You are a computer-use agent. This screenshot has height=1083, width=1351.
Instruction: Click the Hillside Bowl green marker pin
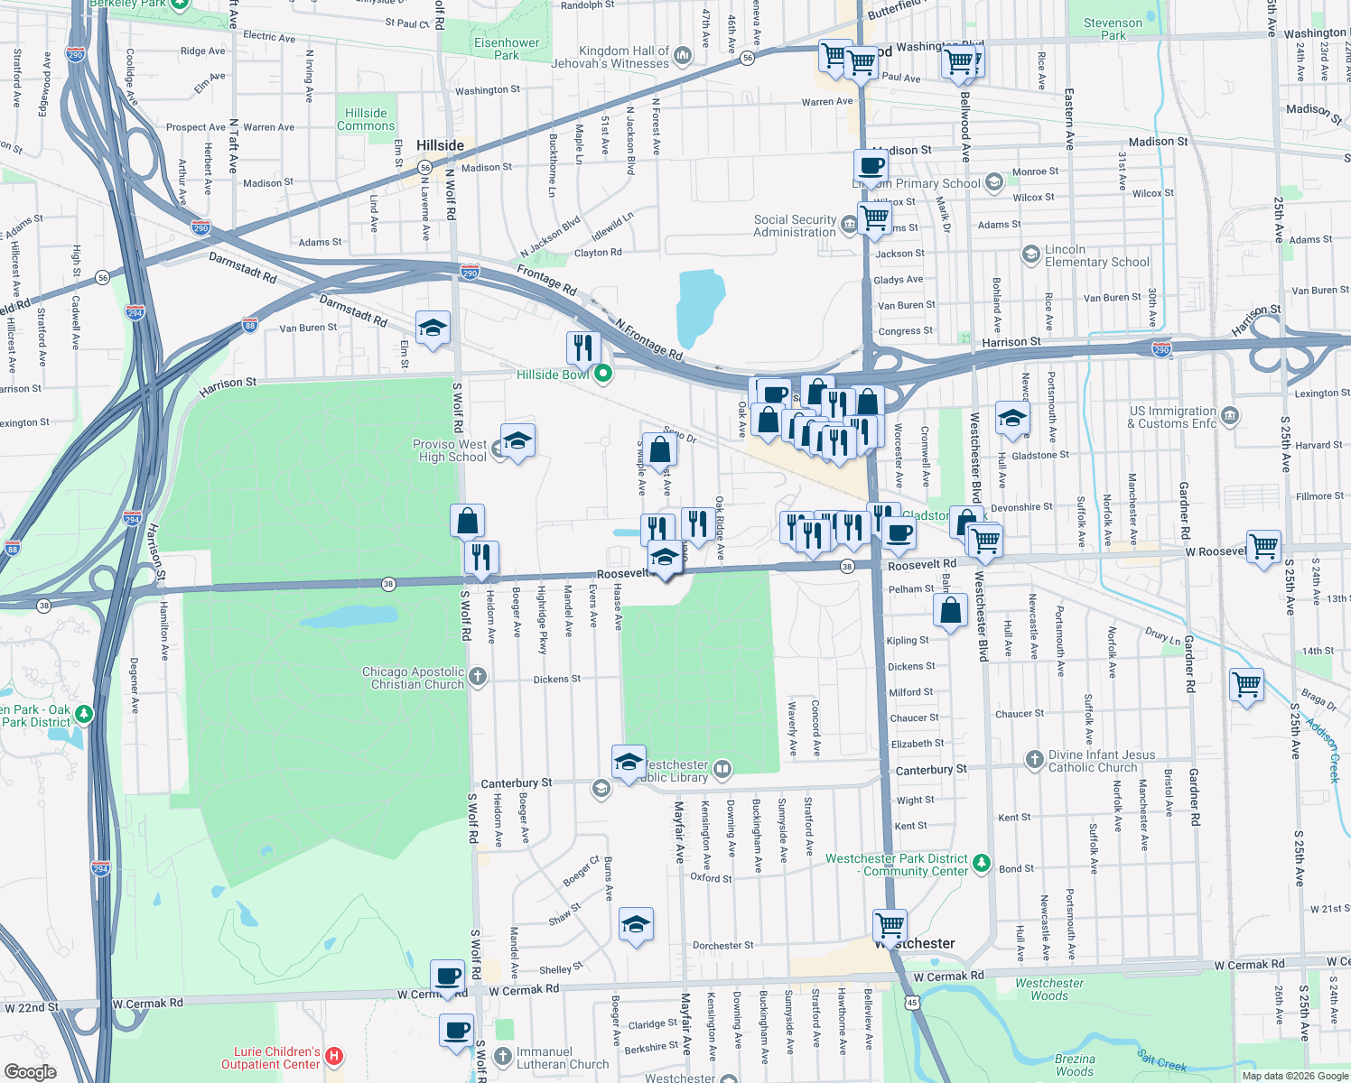pos(602,374)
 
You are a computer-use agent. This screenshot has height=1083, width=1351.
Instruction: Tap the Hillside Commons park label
pos(366,119)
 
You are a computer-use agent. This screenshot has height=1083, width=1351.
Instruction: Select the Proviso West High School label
pos(450,450)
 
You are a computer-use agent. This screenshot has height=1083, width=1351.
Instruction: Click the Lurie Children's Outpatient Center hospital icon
pos(334,1055)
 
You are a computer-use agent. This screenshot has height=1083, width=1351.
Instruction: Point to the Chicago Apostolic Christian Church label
pos(413,678)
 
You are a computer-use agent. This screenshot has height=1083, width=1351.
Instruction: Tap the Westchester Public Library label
pos(674,771)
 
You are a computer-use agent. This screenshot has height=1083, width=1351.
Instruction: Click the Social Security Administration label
pos(795,226)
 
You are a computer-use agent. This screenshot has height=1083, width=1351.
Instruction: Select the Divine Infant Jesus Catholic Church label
pos(1101,761)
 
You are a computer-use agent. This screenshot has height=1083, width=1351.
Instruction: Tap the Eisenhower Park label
pos(507,49)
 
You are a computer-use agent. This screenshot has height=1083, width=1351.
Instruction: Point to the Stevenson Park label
pos(1113,29)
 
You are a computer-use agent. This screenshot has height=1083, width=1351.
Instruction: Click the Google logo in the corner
pos(30,1071)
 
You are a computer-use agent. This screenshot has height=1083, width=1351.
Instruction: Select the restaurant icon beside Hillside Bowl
pos(583,347)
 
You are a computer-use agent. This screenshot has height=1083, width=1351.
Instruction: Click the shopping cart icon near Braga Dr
pos(1246,685)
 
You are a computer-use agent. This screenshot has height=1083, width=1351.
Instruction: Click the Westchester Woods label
pos(1048,989)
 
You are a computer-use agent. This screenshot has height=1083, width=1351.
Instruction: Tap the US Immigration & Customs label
pos(1172,417)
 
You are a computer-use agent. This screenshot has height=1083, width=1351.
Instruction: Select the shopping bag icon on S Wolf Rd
pos(467,521)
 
